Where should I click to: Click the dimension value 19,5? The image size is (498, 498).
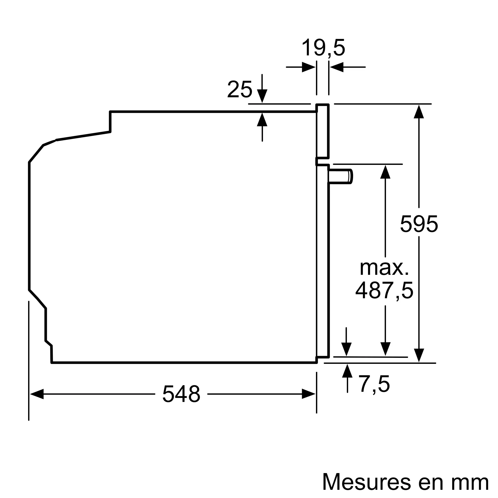[323, 48]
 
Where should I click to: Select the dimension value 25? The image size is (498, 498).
[240, 89]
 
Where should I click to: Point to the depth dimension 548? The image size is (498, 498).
[181, 394]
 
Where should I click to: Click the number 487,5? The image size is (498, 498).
[384, 291]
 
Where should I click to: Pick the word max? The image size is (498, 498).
[384, 268]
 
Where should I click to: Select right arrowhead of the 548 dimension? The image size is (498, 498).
[309, 394]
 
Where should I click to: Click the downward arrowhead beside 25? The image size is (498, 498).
[262, 96]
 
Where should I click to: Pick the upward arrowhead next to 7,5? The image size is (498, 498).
[347, 371]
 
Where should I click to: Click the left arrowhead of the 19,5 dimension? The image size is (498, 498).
[309, 67]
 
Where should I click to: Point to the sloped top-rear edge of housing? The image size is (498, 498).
[83, 136]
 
